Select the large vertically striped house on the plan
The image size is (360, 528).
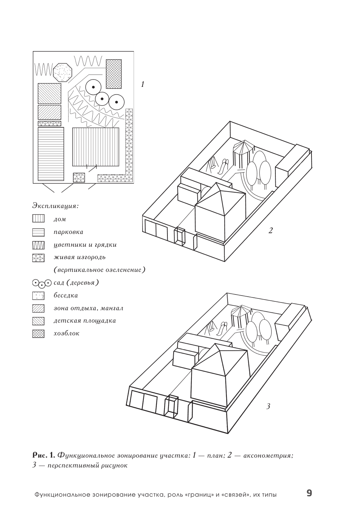(x=96, y=146)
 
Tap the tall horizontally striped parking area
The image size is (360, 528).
(x=51, y=154)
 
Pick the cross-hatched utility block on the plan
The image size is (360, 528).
(x=113, y=74)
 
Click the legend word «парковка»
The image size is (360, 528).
(x=68, y=232)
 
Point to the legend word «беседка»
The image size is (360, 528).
(x=66, y=296)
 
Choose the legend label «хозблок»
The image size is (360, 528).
(x=66, y=334)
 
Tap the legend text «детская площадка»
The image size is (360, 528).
(x=85, y=321)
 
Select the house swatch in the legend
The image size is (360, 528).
(x=38, y=219)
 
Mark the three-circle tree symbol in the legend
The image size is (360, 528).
(x=42, y=283)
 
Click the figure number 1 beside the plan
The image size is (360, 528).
(x=143, y=85)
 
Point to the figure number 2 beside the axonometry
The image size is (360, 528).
(x=270, y=231)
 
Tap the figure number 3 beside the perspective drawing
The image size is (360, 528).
(x=268, y=406)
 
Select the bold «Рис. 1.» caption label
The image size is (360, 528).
(x=44, y=455)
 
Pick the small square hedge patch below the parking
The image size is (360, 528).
(x=79, y=177)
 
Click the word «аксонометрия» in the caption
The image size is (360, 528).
(x=268, y=455)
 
